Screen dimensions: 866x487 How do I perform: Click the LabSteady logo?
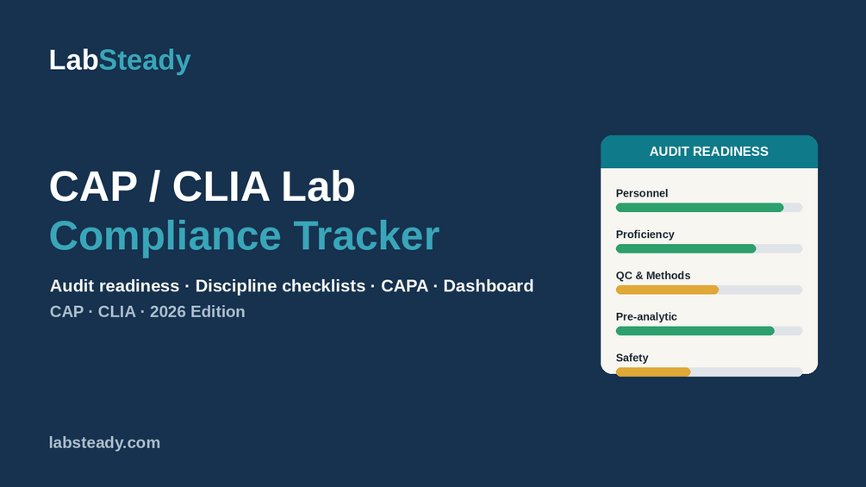120,60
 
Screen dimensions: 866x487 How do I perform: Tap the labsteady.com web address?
104,443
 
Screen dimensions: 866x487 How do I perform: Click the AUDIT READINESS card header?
709,152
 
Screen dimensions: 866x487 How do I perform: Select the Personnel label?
642,193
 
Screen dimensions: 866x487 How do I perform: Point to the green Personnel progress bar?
700,208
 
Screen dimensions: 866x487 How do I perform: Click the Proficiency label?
645,234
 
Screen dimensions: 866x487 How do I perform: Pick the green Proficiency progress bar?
686,249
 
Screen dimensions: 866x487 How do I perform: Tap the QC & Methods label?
653,276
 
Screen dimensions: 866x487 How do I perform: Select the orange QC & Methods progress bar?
667,290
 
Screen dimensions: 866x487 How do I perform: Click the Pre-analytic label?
646,317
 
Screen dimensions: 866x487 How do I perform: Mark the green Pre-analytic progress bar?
695,331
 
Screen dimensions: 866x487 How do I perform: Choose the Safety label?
632,358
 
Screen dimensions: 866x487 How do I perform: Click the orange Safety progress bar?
653,372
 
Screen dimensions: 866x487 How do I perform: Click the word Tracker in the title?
366,236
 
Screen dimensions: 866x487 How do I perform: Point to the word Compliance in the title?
165,236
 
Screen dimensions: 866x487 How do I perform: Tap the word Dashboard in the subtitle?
489,286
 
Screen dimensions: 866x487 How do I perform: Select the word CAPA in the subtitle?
404,286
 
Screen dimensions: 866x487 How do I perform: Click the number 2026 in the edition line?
168,312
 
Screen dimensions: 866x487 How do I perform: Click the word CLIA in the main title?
221,187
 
